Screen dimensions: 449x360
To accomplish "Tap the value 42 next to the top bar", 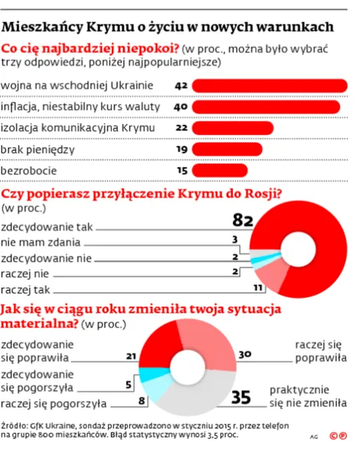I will tap(182, 84).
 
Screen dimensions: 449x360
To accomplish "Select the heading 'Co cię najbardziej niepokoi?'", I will tap(91, 50).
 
